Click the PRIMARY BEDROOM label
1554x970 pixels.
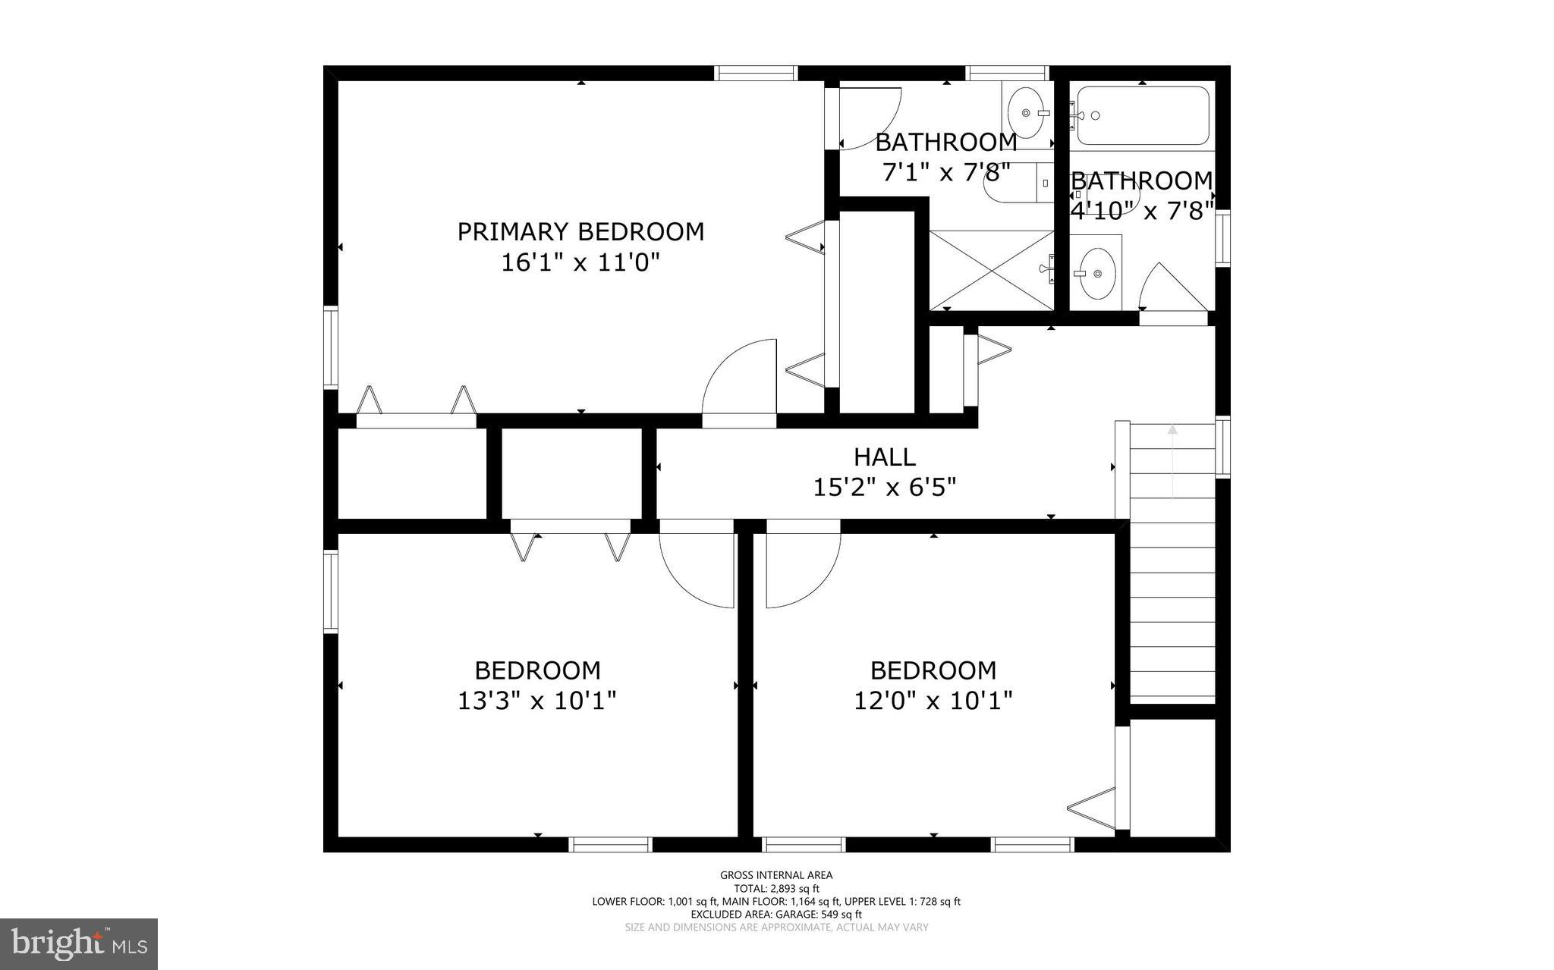tap(580, 231)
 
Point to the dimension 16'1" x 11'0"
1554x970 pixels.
tap(580, 263)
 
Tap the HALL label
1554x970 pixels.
tap(885, 457)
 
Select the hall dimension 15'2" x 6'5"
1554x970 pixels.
tap(885, 487)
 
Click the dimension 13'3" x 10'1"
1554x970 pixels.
tap(537, 700)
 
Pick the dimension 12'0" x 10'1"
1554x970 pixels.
tap(933, 700)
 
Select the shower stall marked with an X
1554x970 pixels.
tap(992, 270)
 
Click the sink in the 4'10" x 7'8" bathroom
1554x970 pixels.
tap(1096, 274)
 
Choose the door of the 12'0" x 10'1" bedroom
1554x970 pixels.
tap(803, 565)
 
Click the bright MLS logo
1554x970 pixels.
tap(79, 943)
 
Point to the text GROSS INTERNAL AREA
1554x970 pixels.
tap(776, 875)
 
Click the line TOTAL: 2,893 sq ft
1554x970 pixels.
tap(776, 889)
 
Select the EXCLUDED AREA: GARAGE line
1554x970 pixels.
tap(776, 915)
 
